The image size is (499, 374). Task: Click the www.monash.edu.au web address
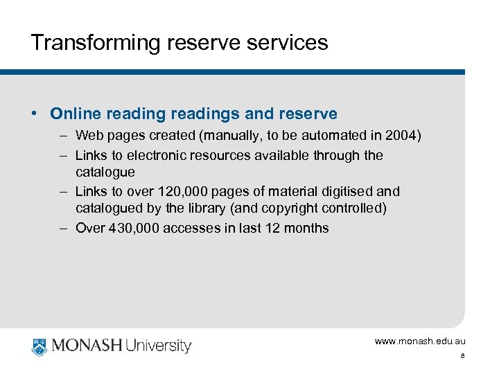pos(420,341)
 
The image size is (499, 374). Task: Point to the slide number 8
pos(462,357)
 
